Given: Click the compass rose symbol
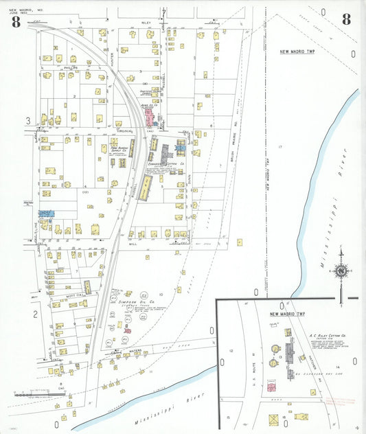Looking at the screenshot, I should pos(341,271).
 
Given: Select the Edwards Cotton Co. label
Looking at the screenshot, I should pos(167,164).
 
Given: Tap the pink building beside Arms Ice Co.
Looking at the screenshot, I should pos(148,117).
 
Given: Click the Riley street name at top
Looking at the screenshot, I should pos(146,23).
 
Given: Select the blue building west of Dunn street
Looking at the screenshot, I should pos(180,147).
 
